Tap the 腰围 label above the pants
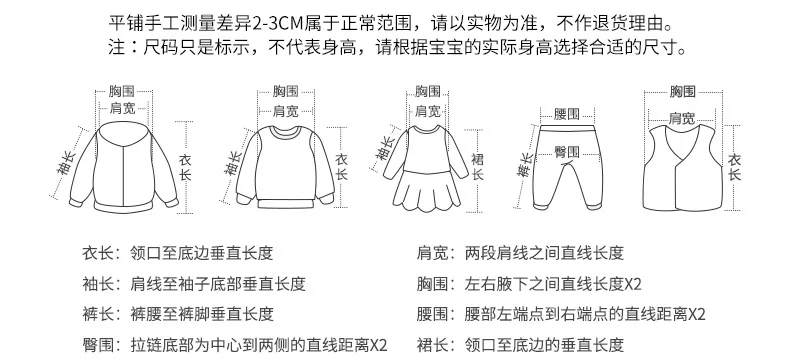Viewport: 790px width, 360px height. click(x=567, y=114)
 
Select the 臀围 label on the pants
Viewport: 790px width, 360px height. click(x=567, y=152)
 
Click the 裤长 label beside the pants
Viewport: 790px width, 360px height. click(x=525, y=165)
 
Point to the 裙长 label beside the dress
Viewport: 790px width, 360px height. click(x=477, y=167)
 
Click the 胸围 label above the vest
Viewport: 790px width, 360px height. click(x=683, y=92)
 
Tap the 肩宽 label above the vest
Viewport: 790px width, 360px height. click(x=682, y=118)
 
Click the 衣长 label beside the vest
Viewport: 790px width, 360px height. click(x=735, y=167)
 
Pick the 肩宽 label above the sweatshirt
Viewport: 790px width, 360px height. click(x=286, y=111)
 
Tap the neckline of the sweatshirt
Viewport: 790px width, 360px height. click(x=286, y=132)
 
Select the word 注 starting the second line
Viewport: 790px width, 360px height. click(x=116, y=48)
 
